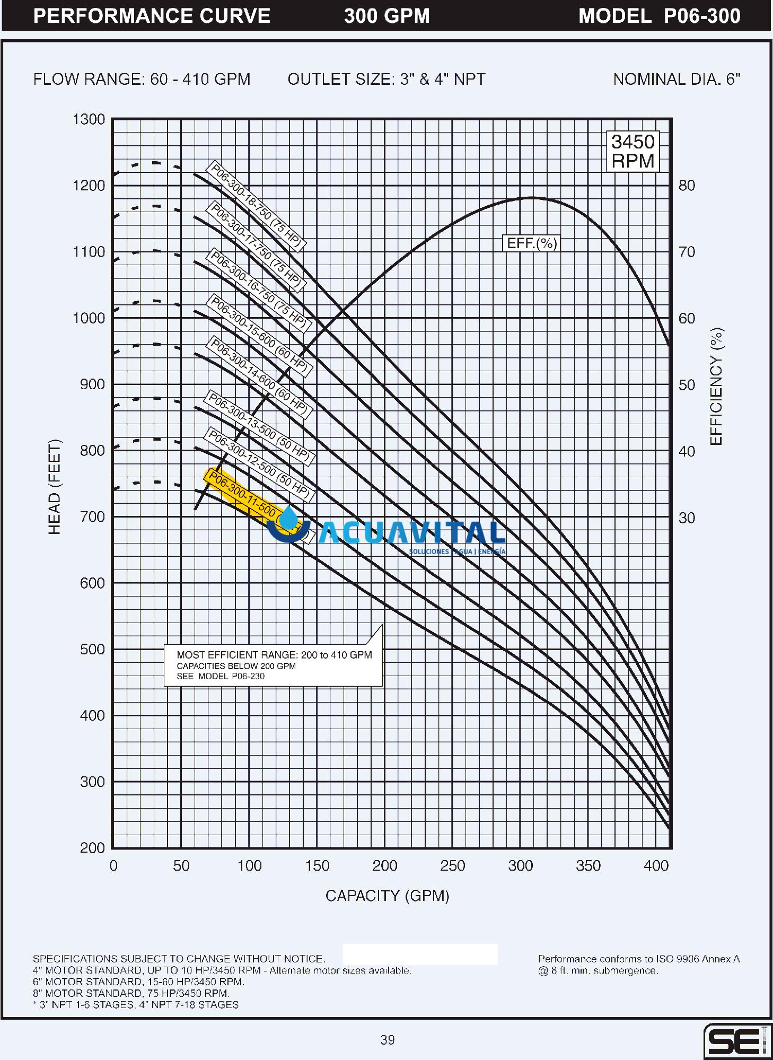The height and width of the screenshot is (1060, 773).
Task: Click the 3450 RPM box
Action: pyautogui.click(x=633, y=151)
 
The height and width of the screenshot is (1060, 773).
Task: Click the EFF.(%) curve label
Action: pyautogui.click(x=532, y=243)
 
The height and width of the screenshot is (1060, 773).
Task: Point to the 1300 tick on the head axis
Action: pyautogui.click(x=89, y=119)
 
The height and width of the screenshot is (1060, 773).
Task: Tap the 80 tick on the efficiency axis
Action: pyautogui.click(x=687, y=186)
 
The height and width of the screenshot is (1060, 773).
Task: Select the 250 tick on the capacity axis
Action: pyautogui.click(x=452, y=866)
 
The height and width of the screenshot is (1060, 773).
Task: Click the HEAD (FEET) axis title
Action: pyautogui.click(x=55, y=487)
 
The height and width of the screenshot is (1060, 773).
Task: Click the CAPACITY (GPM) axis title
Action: pyautogui.click(x=387, y=896)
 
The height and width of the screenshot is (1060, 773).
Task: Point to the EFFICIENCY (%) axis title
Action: pyautogui.click(x=716, y=386)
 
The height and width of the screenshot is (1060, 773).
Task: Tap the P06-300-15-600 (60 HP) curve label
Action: pyautogui.click(x=259, y=335)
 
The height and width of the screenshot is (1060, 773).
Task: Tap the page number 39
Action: pyautogui.click(x=388, y=1040)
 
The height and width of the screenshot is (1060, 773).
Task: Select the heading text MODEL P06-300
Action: pyautogui.click(x=659, y=16)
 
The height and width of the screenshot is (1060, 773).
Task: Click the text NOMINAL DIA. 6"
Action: pyautogui.click(x=677, y=80)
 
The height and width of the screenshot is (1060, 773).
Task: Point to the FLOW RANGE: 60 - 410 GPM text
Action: pyautogui.click(x=142, y=80)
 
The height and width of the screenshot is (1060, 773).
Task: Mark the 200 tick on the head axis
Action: pyautogui.click(x=92, y=848)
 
